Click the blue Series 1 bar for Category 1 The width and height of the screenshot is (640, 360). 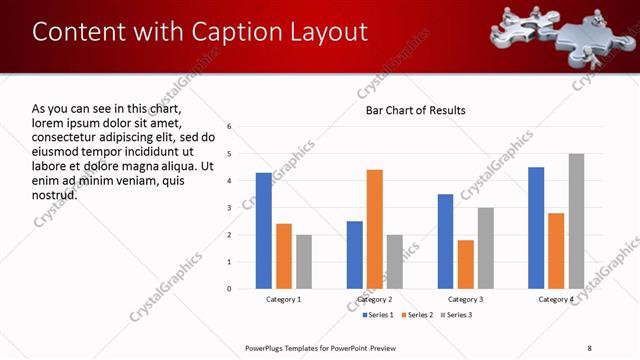click(x=263, y=231)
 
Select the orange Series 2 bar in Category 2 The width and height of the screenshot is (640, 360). click(x=375, y=229)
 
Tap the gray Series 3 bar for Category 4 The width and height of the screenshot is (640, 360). click(x=576, y=221)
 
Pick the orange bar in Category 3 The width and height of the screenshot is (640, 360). click(x=466, y=264)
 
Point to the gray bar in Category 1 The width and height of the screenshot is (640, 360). click(x=304, y=262)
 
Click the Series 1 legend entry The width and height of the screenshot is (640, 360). click(x=375, y=315)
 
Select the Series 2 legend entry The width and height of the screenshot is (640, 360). click(x=414, y=315)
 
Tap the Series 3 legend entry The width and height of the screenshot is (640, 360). click(x=454, y=315)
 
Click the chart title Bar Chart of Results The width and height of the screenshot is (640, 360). click(x=415, y=110)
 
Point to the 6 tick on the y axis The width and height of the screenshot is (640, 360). click(x=230, y=127)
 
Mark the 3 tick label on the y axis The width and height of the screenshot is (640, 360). click(x=230, y=208)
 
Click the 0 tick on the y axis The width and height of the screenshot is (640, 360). click(x=230, y=289)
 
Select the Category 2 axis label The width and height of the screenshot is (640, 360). click(x=375, y=300)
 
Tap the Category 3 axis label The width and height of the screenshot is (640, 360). click(x=466, y=300)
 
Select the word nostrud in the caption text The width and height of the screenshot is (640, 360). click(x=55, y=194)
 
